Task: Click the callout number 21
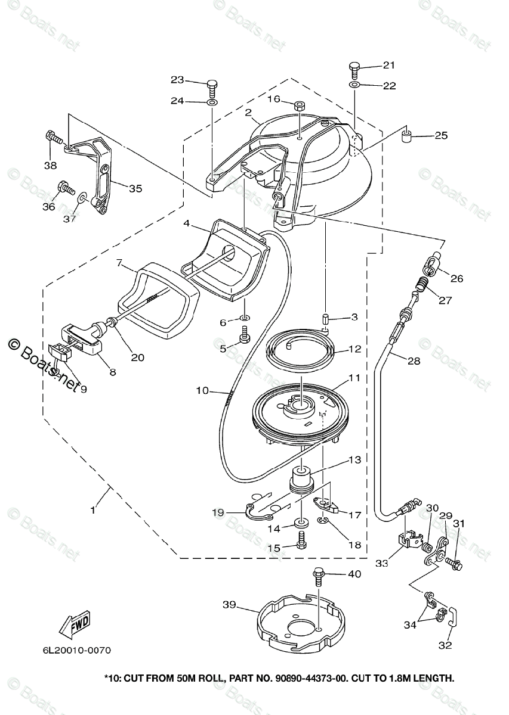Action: point(389,65)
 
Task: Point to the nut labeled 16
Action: point(300,105)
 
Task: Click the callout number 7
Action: point(119,263)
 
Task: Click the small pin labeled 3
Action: point(325,319)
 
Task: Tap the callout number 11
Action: point(354,378)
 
